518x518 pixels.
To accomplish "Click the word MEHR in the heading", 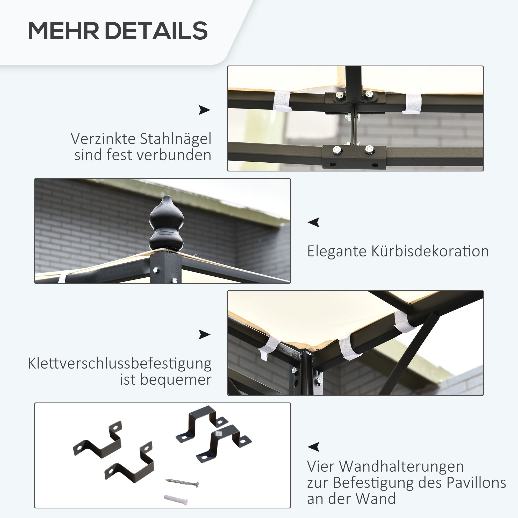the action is [x=63, y=31].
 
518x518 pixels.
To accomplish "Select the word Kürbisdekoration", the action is [x=430, y=252].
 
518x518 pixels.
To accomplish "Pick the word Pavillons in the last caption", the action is [x=476, y=483].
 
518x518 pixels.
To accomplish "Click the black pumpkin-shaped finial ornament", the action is [x=167, y=223].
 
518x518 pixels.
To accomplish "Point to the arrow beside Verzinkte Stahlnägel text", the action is [x=204, y=110].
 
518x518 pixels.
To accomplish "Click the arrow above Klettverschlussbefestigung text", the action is [x=204, y=334].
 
